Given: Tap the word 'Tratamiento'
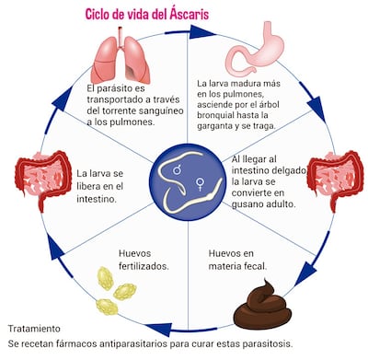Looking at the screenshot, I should [x=34, y=329].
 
